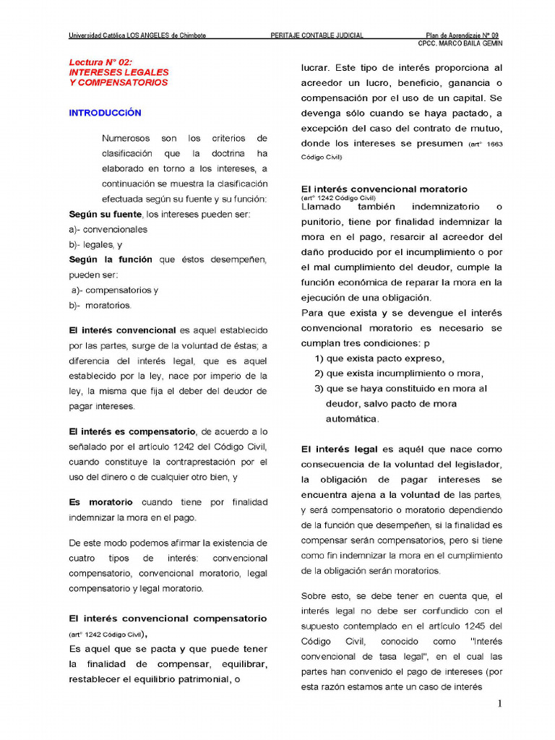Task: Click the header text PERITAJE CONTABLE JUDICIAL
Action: click(x=317, y=35)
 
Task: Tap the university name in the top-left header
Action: click(x=137, y=35)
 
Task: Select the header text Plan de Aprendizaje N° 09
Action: click(x=462, y=35)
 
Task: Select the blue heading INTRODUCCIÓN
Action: click(x=105, y=113)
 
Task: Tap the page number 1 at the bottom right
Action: click(x=499, y=705)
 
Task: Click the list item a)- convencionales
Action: click(x=108, y=229)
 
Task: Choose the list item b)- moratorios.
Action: click(x=100, y=305)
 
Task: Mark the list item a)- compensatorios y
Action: click(x=114, y=290)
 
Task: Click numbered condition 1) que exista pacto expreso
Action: click(x=379, y=358)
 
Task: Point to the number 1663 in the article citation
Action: click(x=494, y=145)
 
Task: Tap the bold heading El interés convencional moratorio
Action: click(x=384, y=189)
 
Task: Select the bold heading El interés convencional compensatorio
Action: click(x=168, y=619)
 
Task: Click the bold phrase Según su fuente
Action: click(x=106, y=214)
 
